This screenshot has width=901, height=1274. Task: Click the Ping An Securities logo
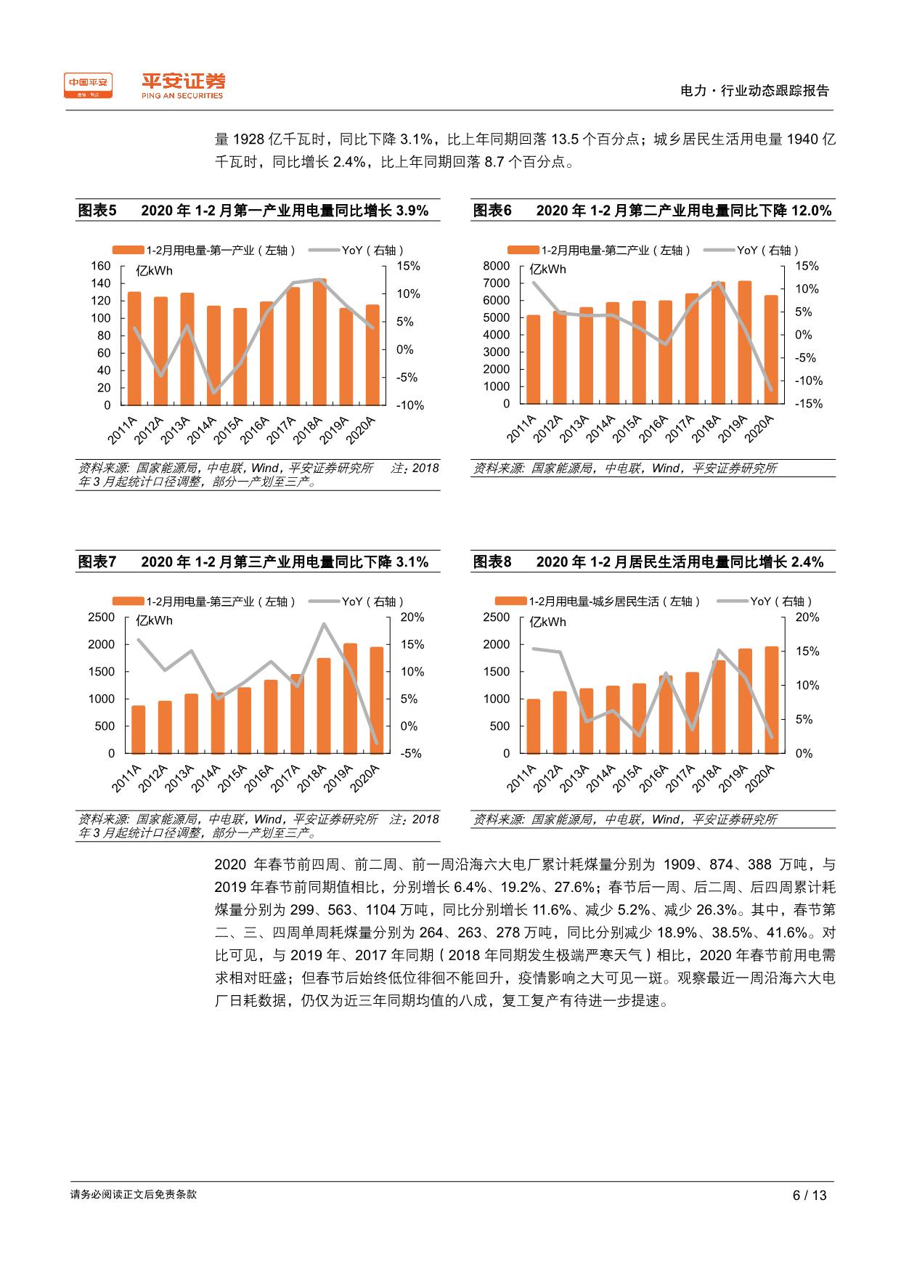[183, 85]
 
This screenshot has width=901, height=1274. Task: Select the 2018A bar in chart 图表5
[319, 341]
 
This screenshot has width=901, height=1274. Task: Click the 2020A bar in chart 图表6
[770, 349]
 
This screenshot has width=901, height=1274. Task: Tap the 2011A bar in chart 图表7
[138, 729]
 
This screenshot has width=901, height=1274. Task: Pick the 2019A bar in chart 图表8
[745, 701]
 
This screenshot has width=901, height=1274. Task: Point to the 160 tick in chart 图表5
[101, 266]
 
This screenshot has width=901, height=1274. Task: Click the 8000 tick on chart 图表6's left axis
[497, 266]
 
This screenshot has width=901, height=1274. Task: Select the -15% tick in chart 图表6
[809, 404]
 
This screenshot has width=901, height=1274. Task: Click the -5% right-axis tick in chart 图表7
[410, 753]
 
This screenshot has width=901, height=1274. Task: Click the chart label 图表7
[97, 562]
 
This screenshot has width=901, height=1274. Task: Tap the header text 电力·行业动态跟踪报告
[754, 91]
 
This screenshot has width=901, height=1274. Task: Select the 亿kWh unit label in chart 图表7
[155, 621]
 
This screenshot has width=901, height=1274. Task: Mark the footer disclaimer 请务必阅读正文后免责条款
[134, 1194]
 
